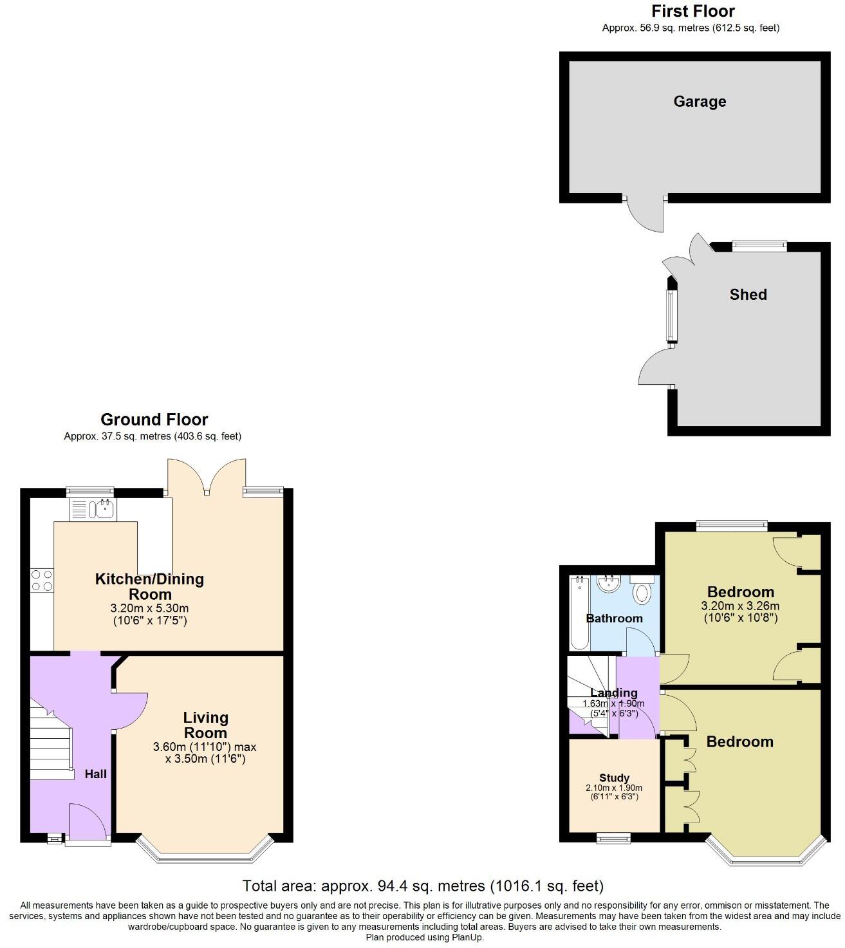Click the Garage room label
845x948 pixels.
tap(700, 102)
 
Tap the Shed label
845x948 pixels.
tap(748, 295)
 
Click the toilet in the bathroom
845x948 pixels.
tap(642, 591)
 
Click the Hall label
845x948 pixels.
tap(96, 774)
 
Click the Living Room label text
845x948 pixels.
tap(205, 725)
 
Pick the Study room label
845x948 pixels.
tap(614, 778)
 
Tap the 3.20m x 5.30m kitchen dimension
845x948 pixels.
tap(150, 608)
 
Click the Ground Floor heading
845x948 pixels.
tap(154, 420)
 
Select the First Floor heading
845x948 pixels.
tap(692, 12)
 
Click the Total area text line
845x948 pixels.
tap(423, 886)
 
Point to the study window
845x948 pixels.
tap(613, 837)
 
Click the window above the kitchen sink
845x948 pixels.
tap(91, 492)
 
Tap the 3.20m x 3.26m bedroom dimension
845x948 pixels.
tap(740, 606)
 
